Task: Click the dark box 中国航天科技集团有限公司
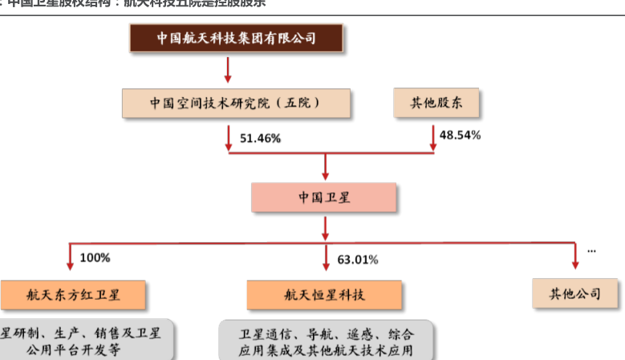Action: coord(237,38)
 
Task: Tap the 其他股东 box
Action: coord(436,103)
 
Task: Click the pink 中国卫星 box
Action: coord(323,197)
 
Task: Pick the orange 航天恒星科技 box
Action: coord(323,294)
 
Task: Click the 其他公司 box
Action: coord(577,293)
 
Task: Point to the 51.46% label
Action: coord(260,139)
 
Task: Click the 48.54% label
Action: coord(461,136)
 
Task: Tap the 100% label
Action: coord(95,258)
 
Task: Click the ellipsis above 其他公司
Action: coord(591,250)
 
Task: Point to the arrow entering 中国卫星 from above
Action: coord(325,168)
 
